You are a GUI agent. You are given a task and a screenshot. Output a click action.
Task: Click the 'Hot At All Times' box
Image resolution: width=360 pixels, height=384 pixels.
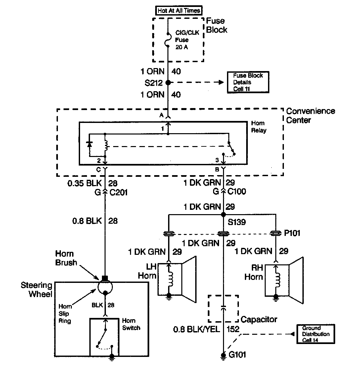179,11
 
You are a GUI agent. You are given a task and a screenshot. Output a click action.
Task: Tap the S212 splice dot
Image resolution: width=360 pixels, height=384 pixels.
168,82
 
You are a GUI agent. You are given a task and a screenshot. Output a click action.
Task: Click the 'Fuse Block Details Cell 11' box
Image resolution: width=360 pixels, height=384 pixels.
247,82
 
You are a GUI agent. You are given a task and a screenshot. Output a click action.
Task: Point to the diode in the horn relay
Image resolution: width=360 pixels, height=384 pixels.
89,144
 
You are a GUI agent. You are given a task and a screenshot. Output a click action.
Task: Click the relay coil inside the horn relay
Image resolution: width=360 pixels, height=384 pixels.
105,145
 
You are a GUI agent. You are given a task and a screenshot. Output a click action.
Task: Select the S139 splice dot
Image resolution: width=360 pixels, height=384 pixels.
223,215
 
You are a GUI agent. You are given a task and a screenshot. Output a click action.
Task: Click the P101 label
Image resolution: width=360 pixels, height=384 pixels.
292,233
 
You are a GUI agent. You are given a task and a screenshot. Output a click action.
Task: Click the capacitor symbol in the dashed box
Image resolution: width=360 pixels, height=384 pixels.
223,308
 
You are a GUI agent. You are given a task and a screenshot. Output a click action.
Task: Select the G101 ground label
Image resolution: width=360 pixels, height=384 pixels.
238,355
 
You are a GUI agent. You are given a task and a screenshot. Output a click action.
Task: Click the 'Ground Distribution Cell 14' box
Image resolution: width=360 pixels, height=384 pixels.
316,334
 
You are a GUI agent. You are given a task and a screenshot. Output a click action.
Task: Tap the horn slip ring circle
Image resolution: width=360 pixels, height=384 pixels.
105,286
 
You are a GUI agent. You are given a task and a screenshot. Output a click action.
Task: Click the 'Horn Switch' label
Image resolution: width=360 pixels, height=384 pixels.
131,324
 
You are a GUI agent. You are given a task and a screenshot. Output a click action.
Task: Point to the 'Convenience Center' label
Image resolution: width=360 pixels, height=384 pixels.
310,115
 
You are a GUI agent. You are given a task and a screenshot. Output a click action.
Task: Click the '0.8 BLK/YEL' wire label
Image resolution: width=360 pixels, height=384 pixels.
197,329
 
